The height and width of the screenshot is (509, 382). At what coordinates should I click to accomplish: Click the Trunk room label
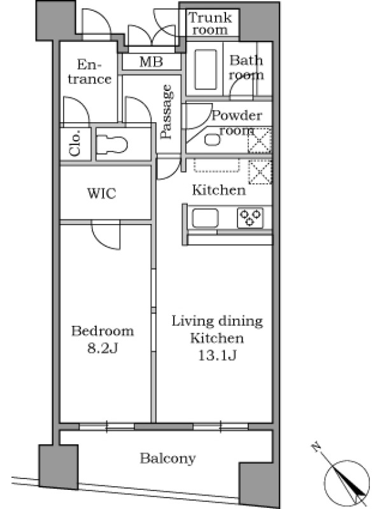[x=210, y=24]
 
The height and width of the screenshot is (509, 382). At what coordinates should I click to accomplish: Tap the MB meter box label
[x=151, y=62]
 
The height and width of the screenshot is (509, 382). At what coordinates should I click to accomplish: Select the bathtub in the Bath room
[x=206, y=69]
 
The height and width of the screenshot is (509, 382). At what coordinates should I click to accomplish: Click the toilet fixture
[x=112, y=144]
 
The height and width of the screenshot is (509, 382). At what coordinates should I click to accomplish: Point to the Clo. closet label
[x=74, y=143]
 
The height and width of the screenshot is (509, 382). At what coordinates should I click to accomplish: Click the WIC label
[x=101, y=193]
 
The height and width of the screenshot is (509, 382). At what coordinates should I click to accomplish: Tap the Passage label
[x=166, y=111]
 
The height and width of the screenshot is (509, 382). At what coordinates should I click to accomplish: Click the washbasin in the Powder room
[x=213, y=140]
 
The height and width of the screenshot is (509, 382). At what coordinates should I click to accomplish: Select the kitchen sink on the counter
[x=205, y=218]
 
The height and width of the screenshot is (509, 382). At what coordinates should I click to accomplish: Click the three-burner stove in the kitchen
[x=250, y=218]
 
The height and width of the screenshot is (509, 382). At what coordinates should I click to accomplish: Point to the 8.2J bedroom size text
[x=103, y=348]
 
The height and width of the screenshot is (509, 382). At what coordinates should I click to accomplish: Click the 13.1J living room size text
[x=217, y=356]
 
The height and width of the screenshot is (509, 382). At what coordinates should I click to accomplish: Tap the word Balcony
[x=167, y=458]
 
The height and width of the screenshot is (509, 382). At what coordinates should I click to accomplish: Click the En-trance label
[x=89, y=72]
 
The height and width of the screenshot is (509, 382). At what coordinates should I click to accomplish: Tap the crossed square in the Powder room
[x=260, y=141]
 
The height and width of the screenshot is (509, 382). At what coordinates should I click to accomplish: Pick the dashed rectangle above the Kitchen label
[x=217, y=165]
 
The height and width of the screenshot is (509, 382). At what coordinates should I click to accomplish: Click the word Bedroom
[x=103, y=331]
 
